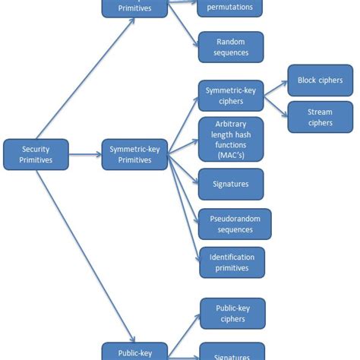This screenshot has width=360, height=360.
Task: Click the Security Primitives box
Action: pos(36,154)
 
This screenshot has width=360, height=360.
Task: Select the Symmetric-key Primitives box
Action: pos(134,154)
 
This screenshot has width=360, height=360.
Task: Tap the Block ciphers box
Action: pos(320,81)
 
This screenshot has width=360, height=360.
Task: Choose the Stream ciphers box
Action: pos(320,117)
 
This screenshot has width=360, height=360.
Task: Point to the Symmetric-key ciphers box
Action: pos(231,96)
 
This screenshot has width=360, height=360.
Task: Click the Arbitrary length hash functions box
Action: pos(231,139)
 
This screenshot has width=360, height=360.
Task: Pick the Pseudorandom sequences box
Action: pos(235,224)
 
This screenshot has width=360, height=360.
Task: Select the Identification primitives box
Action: pos(232,262)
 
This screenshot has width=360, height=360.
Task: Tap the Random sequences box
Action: pos(231,47)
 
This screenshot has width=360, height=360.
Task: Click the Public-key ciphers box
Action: pos(232,313)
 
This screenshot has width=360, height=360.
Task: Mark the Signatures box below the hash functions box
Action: pos(231,184)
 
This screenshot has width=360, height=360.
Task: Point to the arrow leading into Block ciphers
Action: pos(275,87)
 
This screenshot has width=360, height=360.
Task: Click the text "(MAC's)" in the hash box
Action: pos(231,156)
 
